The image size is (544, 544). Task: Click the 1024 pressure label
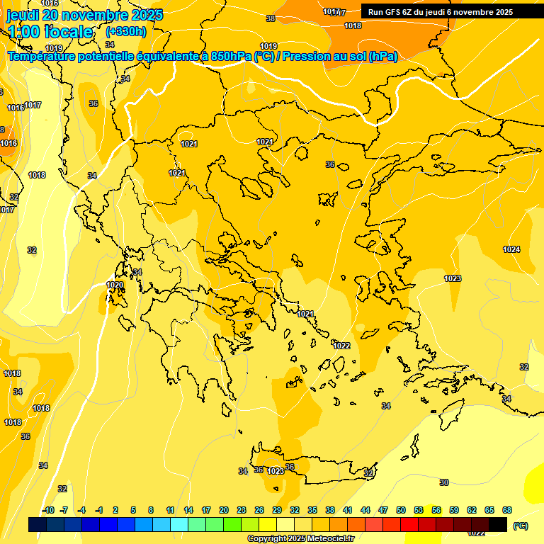pos(511,249)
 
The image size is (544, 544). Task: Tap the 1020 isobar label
pos(115,285)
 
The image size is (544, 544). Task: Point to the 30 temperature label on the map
pos(444,482)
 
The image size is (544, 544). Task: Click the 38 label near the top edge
pos(271,18)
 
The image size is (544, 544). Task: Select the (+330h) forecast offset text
pos(126,31)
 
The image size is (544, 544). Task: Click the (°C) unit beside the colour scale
pos(520,525)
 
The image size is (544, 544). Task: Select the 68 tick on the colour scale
pos(507,510)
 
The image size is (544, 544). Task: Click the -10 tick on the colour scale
pos(49,510)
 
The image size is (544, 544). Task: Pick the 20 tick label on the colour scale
pos(224,510)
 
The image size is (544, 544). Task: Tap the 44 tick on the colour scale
pos(365,510)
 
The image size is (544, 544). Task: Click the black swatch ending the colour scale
pos(498,525)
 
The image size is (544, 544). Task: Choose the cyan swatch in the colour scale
pos(179,525)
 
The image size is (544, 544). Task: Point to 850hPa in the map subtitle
pos(231,57)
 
